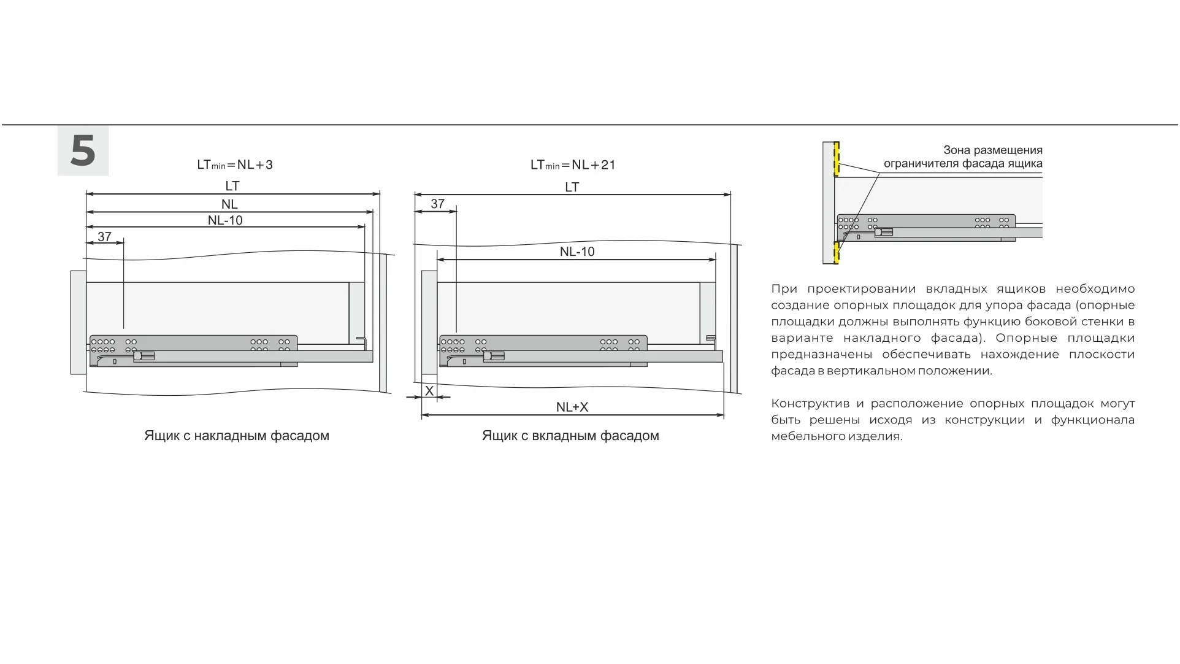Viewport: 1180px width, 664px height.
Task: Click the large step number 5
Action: tap(83, 151)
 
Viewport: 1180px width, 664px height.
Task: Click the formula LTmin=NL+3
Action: tap(234, 164)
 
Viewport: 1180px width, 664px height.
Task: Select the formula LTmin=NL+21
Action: tap(572, 164)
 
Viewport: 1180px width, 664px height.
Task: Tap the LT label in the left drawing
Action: tap(232, 185)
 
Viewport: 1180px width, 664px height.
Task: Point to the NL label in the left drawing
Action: tap(229, 204)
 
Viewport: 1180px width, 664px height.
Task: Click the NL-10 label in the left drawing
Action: tap(225, 220)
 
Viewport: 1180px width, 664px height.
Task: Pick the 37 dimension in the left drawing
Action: tap(104, 236)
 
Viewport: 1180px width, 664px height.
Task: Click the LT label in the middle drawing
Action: tap(572, 187)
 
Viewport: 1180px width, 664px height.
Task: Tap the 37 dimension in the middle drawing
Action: tap(437, 204)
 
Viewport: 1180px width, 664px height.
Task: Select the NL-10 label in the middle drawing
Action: tap(577, 252)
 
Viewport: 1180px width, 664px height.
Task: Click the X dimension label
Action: tap(429, 391)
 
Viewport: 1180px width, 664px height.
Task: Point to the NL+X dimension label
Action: tap(572, 407)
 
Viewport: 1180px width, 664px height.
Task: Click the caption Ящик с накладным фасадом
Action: tap(237, 436)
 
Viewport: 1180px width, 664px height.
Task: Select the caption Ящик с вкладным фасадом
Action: tap(570, 436)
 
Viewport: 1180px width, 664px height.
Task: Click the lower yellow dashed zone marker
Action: tap(837, 252)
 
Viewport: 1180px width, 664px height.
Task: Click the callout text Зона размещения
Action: tap(992, 150)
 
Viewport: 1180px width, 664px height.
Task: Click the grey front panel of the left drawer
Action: tap(78, 322)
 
